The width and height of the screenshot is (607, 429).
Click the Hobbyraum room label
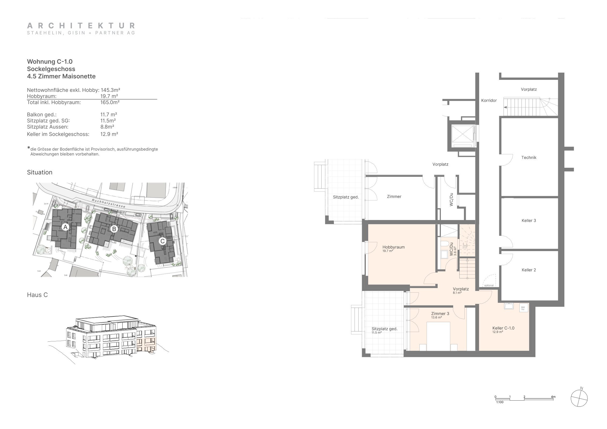pos(393,247)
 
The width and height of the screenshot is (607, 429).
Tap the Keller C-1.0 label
pos(503,328)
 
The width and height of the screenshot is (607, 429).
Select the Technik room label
pos(528,158)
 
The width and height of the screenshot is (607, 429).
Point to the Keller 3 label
pos(528,221)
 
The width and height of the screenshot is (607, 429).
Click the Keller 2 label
pos(528,270)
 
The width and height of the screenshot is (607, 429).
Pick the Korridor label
pos(489,100)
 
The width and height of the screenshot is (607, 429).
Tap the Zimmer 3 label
pos(440,314)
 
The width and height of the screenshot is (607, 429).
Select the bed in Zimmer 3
pos(438,336)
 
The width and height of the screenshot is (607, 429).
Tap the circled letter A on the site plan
pos(65,227)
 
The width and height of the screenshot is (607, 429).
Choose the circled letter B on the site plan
pos(114,229)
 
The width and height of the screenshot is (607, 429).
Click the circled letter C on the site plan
pos(162,241)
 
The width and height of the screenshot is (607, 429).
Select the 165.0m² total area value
pos(110,102)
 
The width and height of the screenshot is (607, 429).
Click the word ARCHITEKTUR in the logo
pos(81,26)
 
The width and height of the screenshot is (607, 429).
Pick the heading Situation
pos(40,172)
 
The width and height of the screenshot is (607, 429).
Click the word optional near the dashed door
pos(489,285)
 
